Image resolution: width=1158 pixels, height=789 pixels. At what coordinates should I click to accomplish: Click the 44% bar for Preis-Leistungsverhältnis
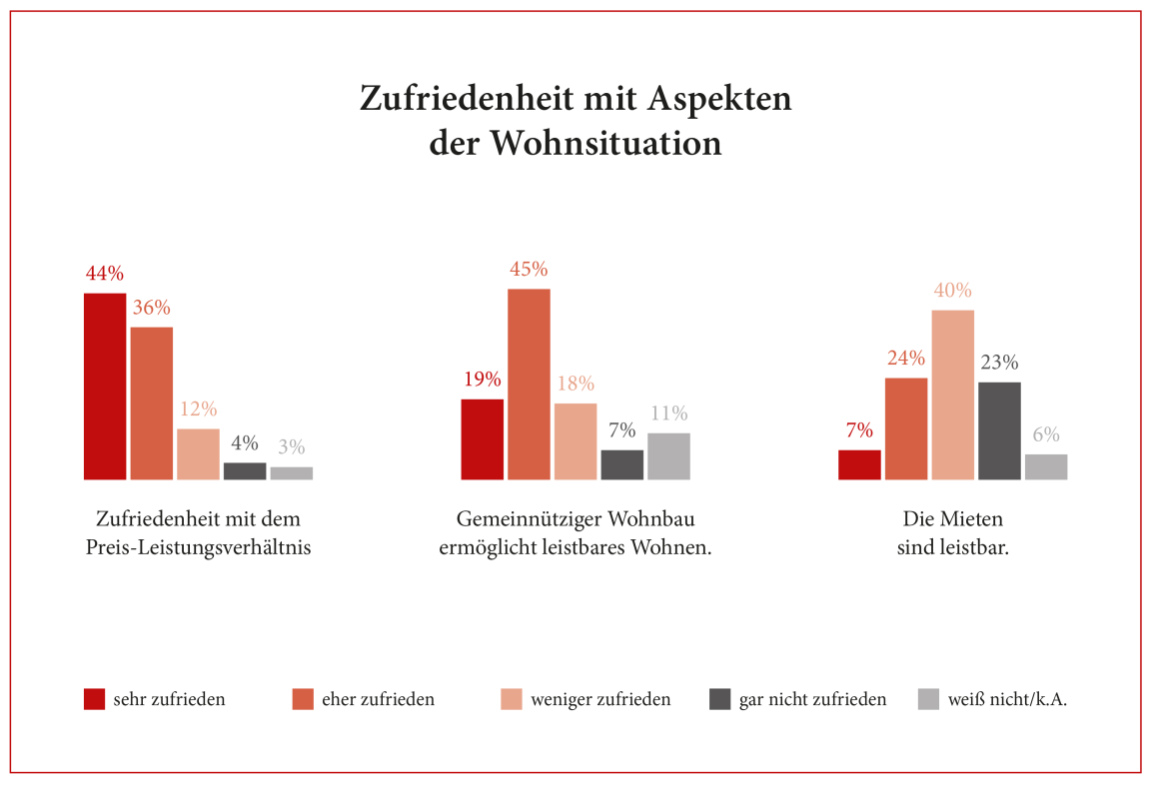click(105, 387)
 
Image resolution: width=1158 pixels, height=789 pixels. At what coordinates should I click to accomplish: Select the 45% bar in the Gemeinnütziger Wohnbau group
click(529, 385)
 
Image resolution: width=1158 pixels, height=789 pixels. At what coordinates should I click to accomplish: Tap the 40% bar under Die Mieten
click(953, 394)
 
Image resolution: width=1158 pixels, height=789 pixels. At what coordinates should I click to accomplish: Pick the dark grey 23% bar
click(999, 430)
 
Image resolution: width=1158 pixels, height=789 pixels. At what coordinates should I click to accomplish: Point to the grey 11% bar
click(668, 456)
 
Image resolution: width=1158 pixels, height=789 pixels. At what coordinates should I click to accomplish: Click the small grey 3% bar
click(291, 473)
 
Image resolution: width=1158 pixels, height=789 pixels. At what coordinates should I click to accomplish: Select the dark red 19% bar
click(482, 439)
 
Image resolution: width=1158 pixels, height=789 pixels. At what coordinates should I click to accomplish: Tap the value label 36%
click(152, 308)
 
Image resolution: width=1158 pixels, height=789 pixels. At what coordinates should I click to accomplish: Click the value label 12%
click(198, 409)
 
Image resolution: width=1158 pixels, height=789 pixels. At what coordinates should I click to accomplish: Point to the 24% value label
click(906, 359)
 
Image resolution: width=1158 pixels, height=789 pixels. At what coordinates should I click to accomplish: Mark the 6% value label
click(1046, 435)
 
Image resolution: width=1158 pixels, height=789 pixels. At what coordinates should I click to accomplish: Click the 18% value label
click(576, 384)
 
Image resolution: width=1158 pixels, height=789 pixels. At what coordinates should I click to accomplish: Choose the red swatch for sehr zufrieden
click(94, 699)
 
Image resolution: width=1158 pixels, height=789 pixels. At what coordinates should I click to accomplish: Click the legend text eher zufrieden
click(378, 699)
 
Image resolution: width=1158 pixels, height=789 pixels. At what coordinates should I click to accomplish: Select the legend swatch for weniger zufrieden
click(511, 699)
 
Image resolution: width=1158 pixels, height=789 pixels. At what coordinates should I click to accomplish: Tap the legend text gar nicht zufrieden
click(812, 699)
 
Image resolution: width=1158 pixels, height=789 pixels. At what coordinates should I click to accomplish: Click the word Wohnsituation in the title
click(604, 143)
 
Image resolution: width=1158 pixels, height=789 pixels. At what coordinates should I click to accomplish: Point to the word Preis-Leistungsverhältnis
click(198, 548)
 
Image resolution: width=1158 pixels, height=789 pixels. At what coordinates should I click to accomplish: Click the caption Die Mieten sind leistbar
click(952, 533)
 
